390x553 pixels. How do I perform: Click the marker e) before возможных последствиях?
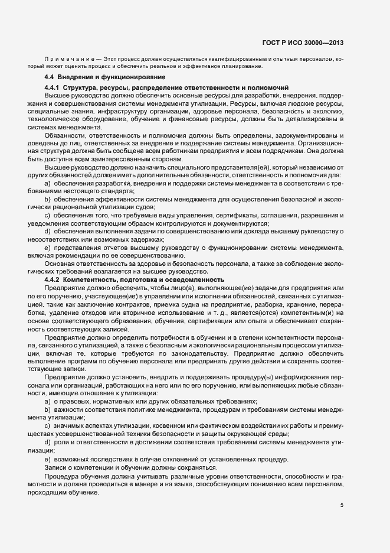pos(47,459)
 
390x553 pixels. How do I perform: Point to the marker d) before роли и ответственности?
pos(47,443)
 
